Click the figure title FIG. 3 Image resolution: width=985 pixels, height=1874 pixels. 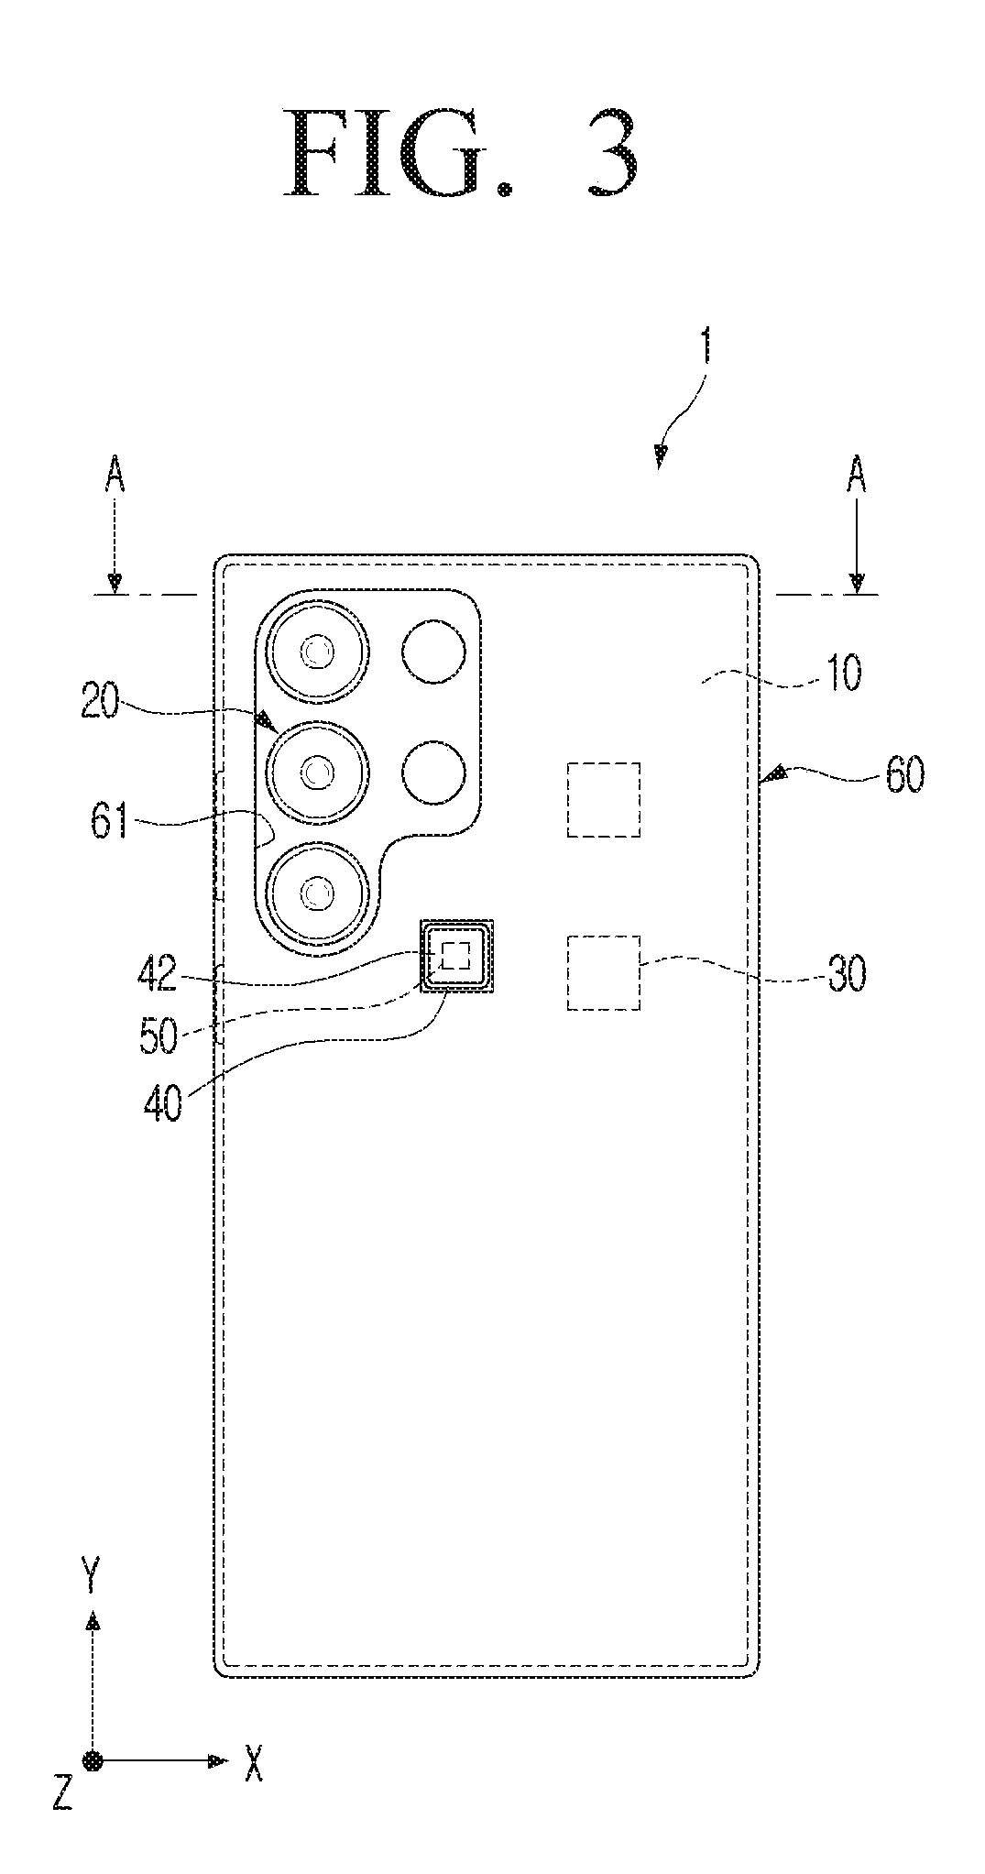[x=461, y=153]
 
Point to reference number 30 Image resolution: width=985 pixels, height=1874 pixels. [x=844, y=976]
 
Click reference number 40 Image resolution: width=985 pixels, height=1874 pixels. [x=163, y=1103]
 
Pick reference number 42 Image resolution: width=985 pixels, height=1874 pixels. [x=157, y=975]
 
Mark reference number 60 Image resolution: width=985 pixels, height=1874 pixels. [x=904, y=777]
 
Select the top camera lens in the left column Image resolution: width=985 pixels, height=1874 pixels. [x=318, y=652]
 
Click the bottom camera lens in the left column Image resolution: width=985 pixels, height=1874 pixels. [x=318, y=893]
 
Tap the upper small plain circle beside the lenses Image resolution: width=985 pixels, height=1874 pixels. [x=433, y=652]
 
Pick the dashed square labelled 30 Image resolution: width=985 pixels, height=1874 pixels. [x=604, y=972]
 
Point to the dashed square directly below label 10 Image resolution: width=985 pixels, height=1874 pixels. [x=604, y=799]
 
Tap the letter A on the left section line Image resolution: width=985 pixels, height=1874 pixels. [x=115, y=477]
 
